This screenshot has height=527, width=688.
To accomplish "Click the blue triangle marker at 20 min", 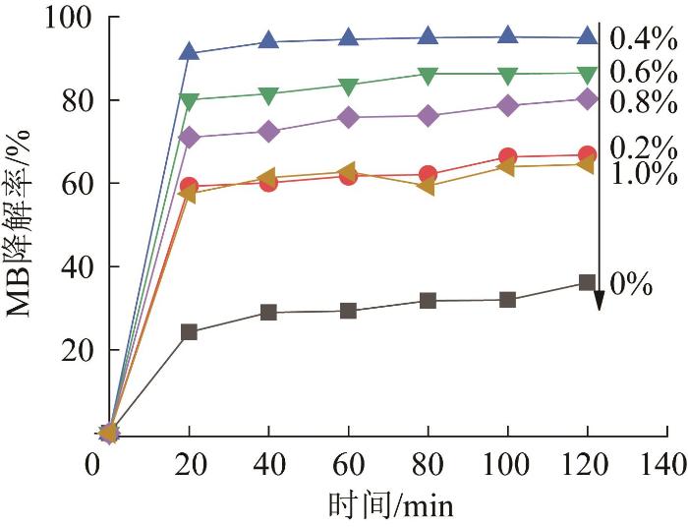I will (x=190, y=52).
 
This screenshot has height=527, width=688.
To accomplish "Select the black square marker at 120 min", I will (x=588, y=282).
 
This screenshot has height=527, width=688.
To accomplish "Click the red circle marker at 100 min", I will (x=508, y=156).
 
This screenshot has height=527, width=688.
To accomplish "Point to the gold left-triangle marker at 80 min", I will (x=428, y=185).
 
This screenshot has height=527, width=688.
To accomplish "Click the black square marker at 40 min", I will (x=269, y=313).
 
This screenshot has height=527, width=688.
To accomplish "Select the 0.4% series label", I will (x=643, y=39).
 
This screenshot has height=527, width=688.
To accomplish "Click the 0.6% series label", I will (x=643, y=71).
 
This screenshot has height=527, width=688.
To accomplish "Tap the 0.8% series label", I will (x=643, y=101).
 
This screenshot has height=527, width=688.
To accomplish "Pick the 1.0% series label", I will (x=643, y=174).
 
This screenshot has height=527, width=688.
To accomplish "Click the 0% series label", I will (x=631, y=285).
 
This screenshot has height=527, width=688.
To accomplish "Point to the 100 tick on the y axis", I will (x=67, y=18).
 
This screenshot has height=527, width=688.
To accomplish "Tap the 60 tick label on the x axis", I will (x=349, y=462).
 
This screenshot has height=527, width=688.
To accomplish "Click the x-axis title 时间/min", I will (x=391, y=504).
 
